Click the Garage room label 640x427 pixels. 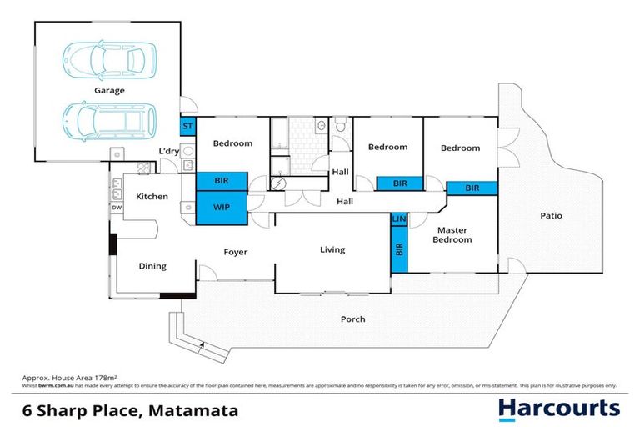tap(109, 89)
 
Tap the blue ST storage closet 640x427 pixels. tap(188, 127)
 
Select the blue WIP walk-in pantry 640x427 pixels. tap(222, 207)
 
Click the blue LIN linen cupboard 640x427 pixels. tap(398, 219)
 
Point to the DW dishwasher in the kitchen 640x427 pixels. tap(117, 208)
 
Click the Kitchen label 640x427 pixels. tap(152, 197)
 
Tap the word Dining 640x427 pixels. tap(152, 266)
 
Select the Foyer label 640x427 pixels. tap(235, 252)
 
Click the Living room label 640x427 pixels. tap(332, 249)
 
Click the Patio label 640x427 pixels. tap(550, 215)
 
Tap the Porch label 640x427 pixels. tap(353, 319)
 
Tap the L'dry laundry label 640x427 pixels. tap(169, 151)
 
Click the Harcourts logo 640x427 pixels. tap(558, 409)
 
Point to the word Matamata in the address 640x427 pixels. tap(195, 410)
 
